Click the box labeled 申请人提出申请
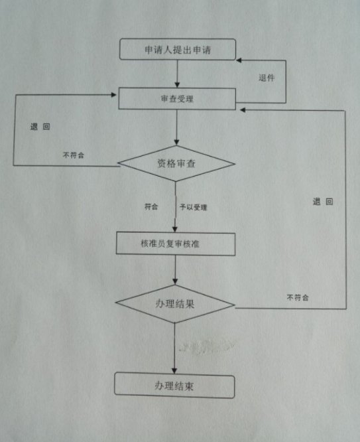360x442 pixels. tap(178, 49)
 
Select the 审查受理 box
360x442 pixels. tap(177, 99)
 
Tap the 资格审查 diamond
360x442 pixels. tap(176, 163)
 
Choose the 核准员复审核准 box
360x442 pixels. tap(176, 244)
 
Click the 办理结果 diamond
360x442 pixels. tap(175, 304)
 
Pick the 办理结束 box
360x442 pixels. tap(174, 386)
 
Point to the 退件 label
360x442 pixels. tap(267, 78)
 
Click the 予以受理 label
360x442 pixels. tap(193, 207)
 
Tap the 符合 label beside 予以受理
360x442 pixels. tap(151, 206)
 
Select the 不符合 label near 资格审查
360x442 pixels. tap(74, 155)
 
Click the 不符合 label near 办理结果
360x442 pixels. tap(298, 297)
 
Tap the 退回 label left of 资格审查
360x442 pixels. tap(40, 127)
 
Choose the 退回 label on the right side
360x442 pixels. tap(323, 202)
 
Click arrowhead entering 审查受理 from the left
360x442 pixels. tap(114, 95)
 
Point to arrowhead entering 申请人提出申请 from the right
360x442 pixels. tap(239, 60)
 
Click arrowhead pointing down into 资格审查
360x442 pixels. tap(176, 142)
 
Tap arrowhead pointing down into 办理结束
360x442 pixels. tap(174, 370)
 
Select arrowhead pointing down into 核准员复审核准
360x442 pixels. tap(175, 229)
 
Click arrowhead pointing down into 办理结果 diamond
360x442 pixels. tap(175, 281)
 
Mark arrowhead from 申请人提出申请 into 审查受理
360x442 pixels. tap(177, 84)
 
